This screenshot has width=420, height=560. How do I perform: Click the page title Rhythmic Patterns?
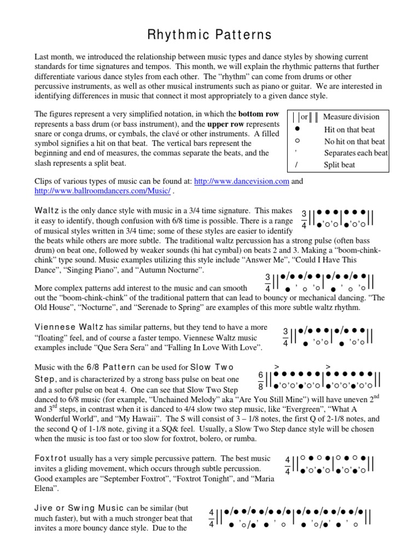point(210,35)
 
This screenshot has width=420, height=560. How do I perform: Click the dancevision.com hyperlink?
point(241,182)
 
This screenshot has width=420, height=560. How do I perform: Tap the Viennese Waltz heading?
point(69,326)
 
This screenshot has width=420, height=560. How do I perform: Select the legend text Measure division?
point(351,116)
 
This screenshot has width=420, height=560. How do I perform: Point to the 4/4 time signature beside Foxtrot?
point(288,465)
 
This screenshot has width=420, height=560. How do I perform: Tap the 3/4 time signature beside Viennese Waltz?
point(285,337)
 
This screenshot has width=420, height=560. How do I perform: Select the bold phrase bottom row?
point(259,114)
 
